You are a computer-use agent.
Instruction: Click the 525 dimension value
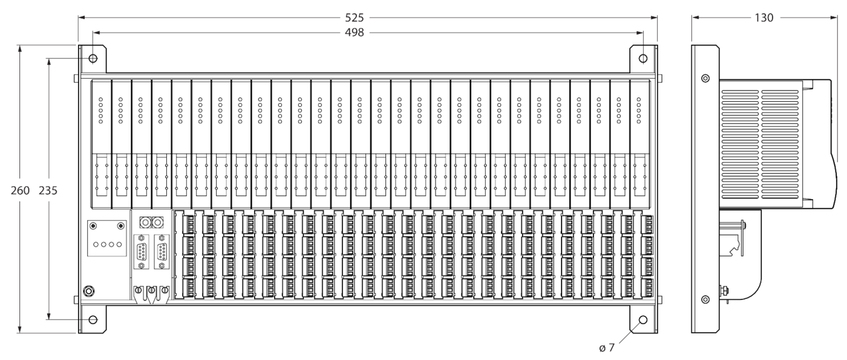point(355,18)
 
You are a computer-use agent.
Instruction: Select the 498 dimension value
point(355,33)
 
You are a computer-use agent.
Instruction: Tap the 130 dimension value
point(764,18)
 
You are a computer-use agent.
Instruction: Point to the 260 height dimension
point(20,191)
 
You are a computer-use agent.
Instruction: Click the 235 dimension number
point(48,191)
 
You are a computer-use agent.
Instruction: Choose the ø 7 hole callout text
point(607,348)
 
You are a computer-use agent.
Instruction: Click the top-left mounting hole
point(93,59)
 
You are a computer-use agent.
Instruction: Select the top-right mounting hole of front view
point(643,59)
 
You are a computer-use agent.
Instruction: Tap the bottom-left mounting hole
point(93,320)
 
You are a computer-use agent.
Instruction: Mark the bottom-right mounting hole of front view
point(643,320)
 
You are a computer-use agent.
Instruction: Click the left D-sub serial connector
point(142,252)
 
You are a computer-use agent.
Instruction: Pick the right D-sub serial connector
point(162,252)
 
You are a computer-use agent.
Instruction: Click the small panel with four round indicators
point(107,238)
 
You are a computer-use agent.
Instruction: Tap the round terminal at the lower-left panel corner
point(88,292)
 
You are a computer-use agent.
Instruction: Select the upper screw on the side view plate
point(705,78)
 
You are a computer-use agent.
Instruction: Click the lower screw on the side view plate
point(705,299)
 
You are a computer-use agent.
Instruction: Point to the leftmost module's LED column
point(101,110)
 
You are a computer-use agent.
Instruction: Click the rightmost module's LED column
point(639,110)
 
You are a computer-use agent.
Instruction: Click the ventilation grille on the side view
point(759,145)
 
